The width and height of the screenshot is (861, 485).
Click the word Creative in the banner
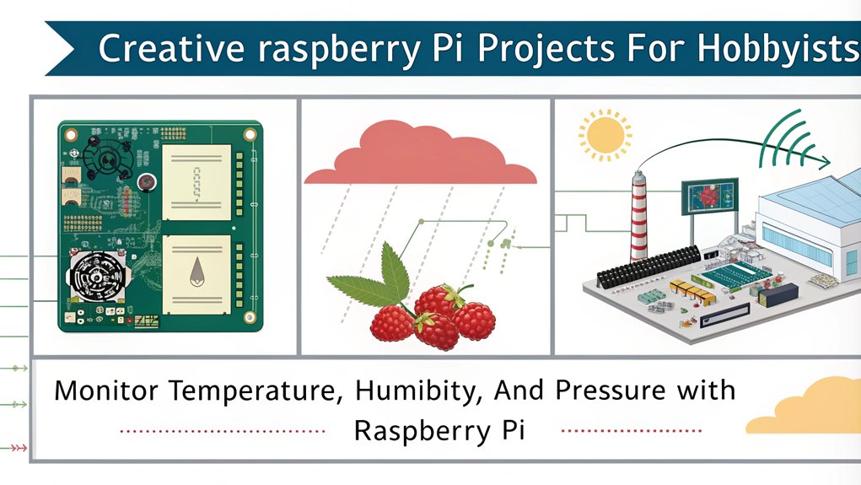[171, 48]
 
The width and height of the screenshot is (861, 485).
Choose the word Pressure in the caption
[611, 391]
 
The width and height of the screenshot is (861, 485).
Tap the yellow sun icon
[605, 136]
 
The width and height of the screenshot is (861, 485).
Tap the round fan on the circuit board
[98, 277]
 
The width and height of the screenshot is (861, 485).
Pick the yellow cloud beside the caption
[806, 406]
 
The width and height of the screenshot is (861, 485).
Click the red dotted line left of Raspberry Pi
[223, 431]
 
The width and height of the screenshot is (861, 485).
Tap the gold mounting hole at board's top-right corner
[250, 135]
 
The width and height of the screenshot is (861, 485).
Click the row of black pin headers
[648, 266]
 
